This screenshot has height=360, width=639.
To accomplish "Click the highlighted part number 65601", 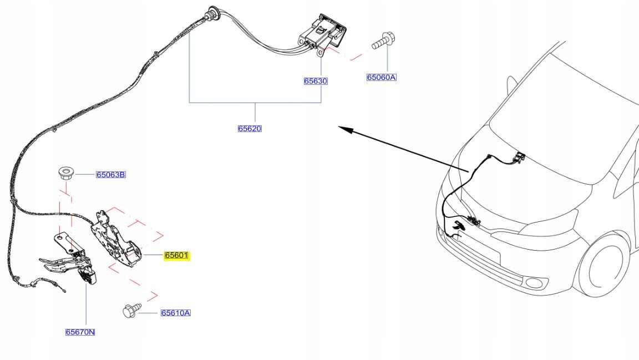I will coord(176,256).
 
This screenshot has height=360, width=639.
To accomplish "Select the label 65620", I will coord(250,129).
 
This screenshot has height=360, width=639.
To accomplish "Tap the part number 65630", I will coord(316,81).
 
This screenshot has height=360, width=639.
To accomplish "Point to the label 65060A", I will coord(381,78).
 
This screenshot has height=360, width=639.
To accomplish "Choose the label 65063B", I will coord(110,175).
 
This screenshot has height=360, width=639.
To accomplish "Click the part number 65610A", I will coord(175,313).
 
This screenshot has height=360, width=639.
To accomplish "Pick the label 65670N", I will coord(80,332).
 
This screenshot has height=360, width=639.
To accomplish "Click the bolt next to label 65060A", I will coord(383,40).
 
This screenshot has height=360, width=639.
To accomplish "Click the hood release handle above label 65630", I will coord(321,31).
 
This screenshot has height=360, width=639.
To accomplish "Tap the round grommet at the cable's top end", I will coord(211,12).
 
